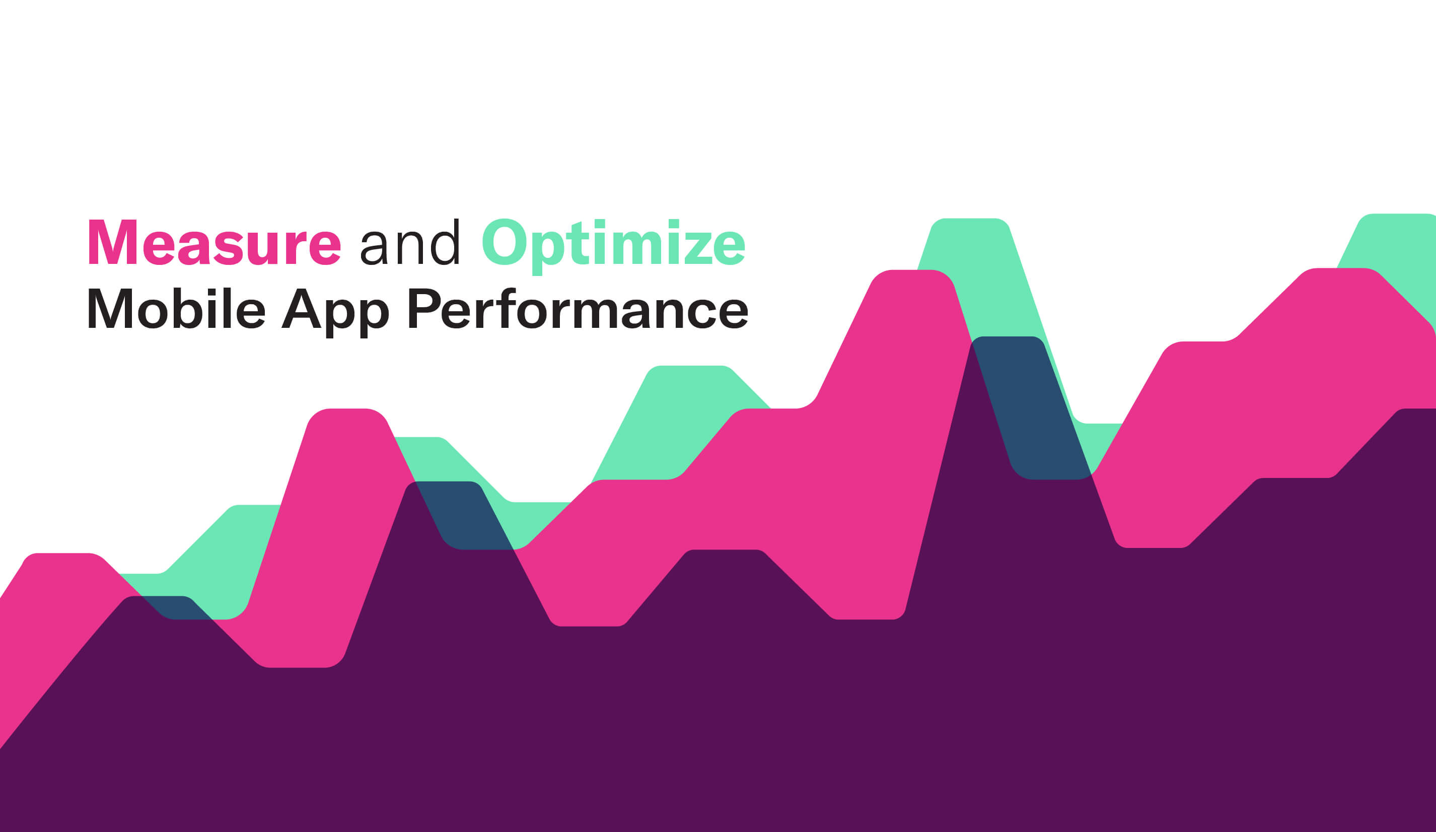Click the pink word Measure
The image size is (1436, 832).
pyautogui.click(x=214, y=242)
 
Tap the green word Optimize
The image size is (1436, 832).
pyautogui.click(x=614, y=246)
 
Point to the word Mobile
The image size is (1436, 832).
pyautogui.click(x=176, y=308)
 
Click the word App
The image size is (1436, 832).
pyautogui.click(x=336, y=312)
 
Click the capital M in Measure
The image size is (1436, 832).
pyautogui.click(x=112, y=242)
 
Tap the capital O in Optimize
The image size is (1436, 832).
pyautogui.click(x=505, y=242)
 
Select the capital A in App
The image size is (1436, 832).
pyautogui.click(x=302, y=308)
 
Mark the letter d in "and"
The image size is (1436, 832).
pyautogui.click(x=445, y=242)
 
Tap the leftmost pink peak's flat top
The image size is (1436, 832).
pyautogui.click(x=62, y=555)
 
